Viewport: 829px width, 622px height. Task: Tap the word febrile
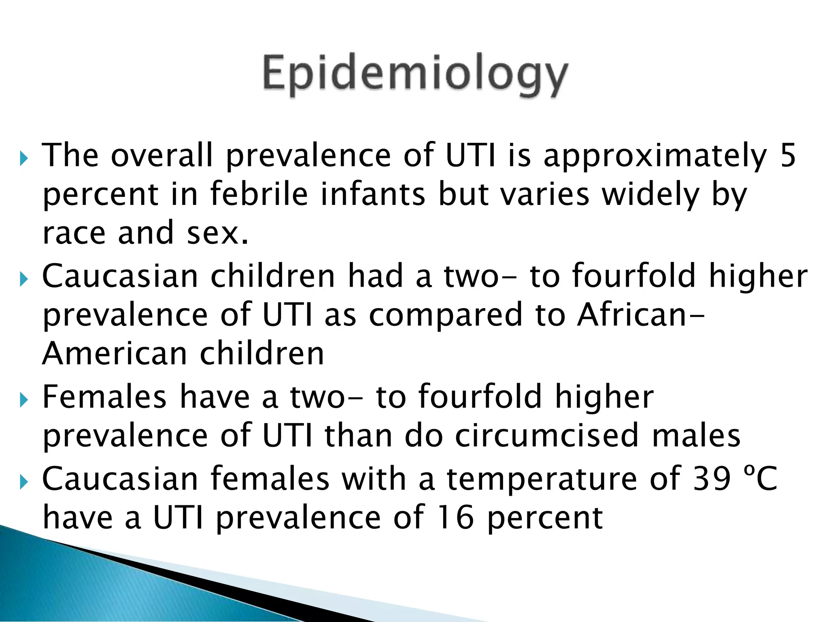point(259,194)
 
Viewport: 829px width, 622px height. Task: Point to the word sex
point(217,234)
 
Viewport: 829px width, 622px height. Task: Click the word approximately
point(655,156)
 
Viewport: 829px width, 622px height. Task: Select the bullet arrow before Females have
point(24,400)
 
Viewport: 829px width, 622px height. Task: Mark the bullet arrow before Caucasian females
point(24,482)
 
